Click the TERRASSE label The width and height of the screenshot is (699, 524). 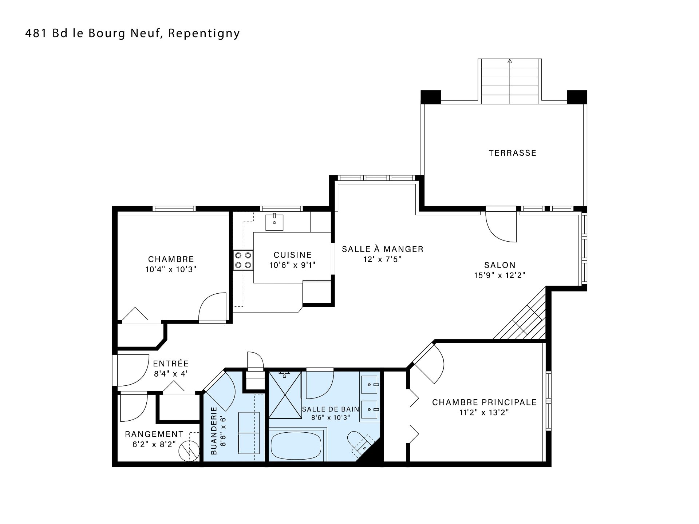513,153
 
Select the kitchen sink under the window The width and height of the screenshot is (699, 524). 274,222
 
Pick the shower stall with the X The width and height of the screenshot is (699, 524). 285,394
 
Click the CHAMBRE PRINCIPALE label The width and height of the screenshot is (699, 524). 485,402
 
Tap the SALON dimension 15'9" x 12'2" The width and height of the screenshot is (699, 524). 500,275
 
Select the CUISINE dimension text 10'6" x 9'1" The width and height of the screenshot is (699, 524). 292,265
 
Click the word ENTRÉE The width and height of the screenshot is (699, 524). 171,364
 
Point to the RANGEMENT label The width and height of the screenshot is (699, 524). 154,434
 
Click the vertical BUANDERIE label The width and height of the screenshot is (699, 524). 214,430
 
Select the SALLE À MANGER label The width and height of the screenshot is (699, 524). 383,249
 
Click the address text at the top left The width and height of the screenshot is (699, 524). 133,33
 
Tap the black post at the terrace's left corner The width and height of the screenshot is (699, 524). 431,97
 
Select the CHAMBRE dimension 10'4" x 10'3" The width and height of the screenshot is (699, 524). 171,269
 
